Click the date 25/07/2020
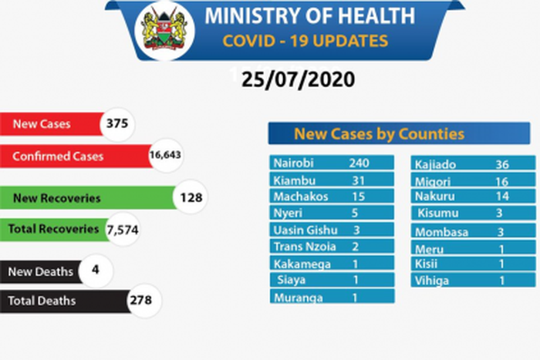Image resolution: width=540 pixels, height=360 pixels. coord(297,79)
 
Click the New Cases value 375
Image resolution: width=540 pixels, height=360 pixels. coord(117,123)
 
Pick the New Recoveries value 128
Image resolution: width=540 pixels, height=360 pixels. coord(190,197)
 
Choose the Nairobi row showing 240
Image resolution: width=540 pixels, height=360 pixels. coord(332,163)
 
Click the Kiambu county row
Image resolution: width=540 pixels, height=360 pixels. coord(332,180)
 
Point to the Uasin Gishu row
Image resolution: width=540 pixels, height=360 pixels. coord(332,230)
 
